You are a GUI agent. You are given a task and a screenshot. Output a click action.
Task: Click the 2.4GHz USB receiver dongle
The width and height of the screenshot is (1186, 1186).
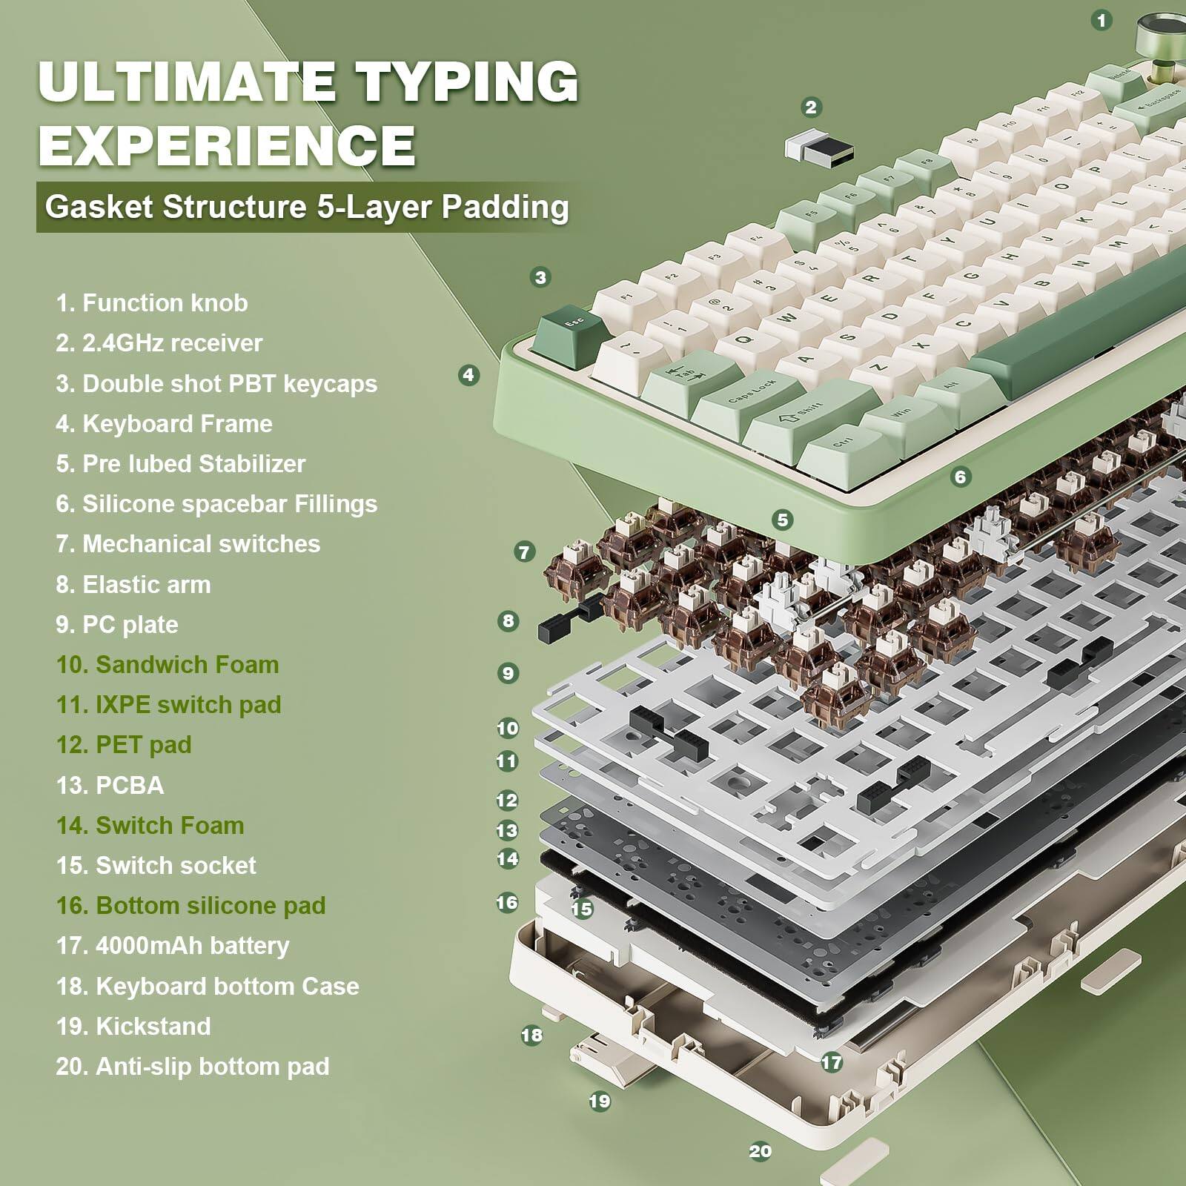tap(818, 148)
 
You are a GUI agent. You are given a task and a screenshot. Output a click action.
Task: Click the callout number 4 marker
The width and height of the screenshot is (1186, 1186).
tap(468, 375)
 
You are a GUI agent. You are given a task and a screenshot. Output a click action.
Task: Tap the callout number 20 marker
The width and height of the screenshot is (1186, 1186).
tap(760, 1151)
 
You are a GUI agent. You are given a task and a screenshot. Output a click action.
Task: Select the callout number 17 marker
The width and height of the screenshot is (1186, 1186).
tap(832, 1062)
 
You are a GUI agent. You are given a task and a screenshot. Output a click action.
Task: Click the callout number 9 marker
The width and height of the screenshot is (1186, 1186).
tap(508, 674)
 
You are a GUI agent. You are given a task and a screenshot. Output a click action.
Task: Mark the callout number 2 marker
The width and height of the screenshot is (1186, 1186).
tap(811, 107)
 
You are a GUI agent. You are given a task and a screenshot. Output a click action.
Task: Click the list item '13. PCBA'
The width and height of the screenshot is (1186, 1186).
tap(110, 785)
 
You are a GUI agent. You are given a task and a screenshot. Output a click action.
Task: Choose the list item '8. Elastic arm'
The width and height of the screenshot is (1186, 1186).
tap(133, 584)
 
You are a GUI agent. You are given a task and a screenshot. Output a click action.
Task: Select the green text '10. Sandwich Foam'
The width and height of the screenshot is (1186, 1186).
tap(168, 664)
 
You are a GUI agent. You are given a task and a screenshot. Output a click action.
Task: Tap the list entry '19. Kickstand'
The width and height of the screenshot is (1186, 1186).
tap(133, 1026)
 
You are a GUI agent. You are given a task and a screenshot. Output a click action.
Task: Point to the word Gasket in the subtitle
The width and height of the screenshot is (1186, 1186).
tap(99, 206)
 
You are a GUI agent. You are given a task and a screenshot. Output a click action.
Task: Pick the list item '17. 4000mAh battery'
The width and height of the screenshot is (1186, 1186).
tap(173, 945)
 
